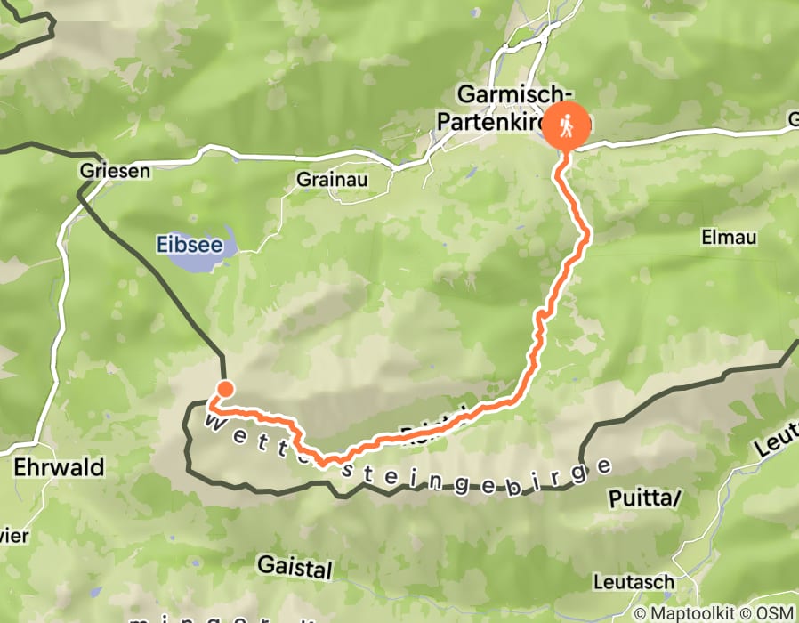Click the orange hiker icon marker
click(566, 126)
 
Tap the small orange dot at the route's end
click(225, 388)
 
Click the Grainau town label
click(331, 180)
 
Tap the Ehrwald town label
click(60, 467)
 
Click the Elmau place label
click(729, 238)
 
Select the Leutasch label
click(634, 582)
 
